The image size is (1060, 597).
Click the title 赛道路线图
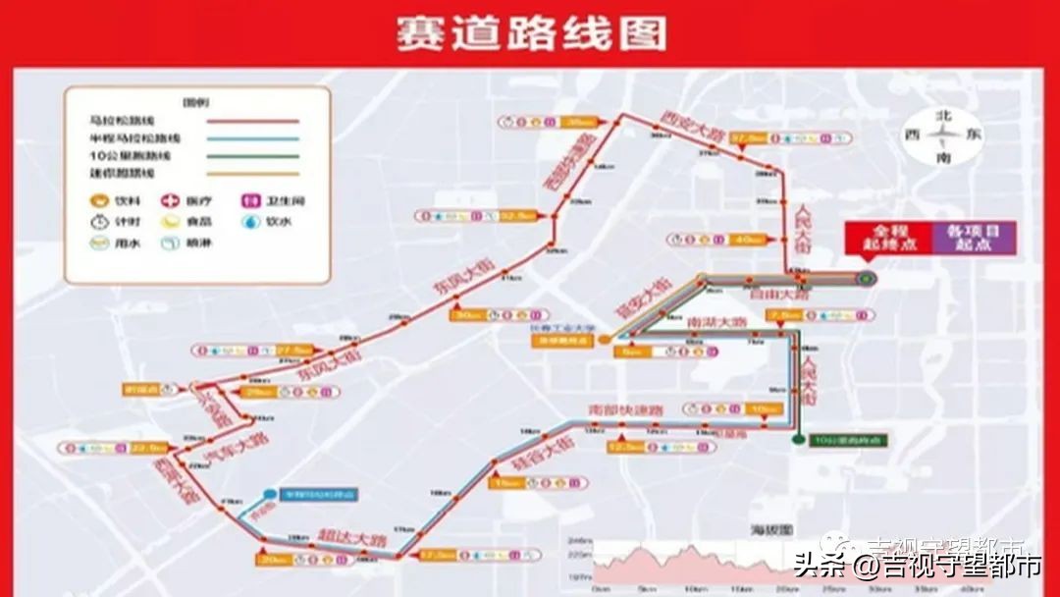click(x=530, y=32)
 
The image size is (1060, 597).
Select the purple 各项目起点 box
click(x=974, y=236)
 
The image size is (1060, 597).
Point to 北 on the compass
click(x=944, y=116)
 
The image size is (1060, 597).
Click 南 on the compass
click(x=944, y=157)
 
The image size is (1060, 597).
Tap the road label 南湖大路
click(x=715, y=322)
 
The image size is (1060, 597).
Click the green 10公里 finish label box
click(x=848, y=440)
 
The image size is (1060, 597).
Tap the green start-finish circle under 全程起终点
click(x=865, y=278)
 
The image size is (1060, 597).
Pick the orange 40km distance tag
click(x=750, y=239)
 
